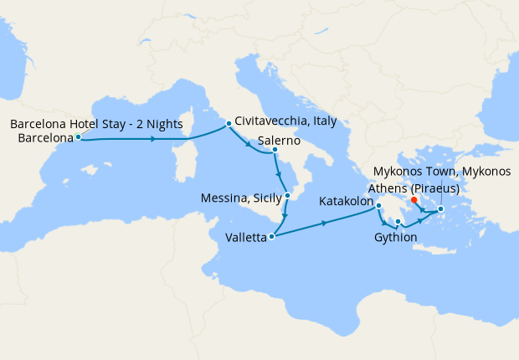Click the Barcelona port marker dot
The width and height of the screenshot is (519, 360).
(x=78, y=136)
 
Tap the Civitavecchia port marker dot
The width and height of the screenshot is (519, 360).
(x=228, y=126)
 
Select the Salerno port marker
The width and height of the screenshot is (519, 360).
(x=275, y=151)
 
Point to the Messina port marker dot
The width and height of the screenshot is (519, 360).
(x=287, y=195)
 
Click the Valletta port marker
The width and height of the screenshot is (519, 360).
(x=271, y=237)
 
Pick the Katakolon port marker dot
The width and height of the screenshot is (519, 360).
(x=378, y=206)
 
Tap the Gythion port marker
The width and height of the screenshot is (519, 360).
(x=398, y=222)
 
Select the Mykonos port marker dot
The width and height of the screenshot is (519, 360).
(x=440, y=208)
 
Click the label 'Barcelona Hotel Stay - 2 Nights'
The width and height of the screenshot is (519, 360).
(x=96, y=124)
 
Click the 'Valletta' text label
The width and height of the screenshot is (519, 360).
(x=245, y=238)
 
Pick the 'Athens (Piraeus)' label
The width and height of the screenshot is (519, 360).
(x=413, y=187)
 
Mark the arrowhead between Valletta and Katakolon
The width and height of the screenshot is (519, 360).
(x=325, y=223)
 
